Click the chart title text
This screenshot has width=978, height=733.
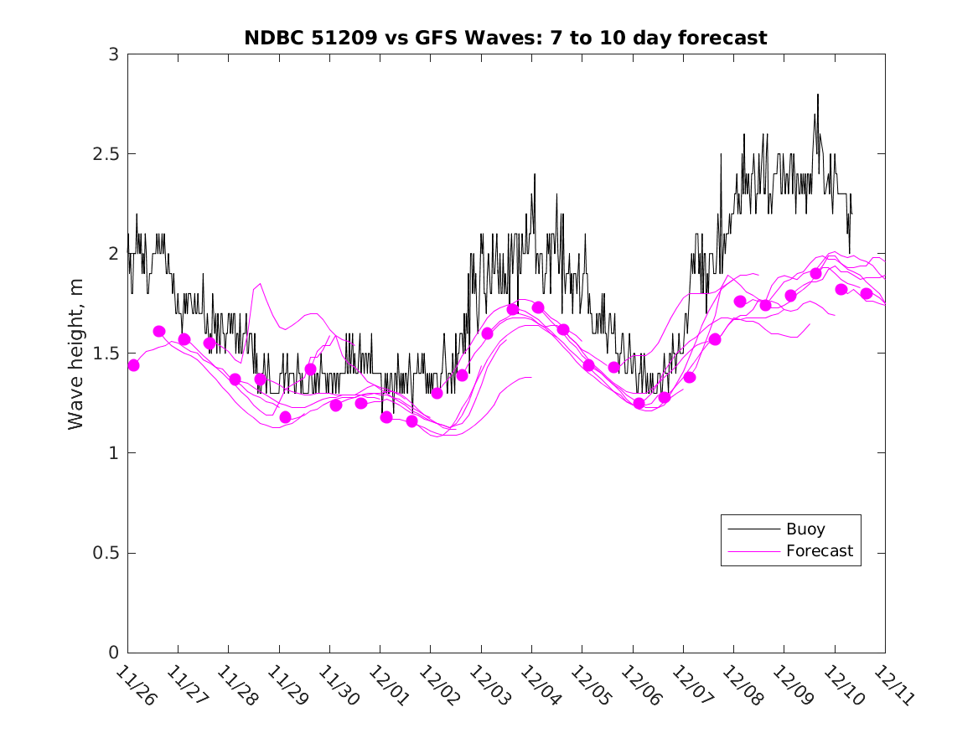pos(505,38)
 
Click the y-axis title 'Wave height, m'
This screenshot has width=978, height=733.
pos(76,354)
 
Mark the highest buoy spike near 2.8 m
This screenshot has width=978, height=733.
pos(817,95)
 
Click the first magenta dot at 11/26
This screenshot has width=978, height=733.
pos(133,365)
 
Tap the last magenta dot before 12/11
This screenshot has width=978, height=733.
pos(867,293)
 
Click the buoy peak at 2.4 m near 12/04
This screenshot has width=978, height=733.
pos(534,174)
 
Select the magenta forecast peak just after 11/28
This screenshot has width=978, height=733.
pos(261,284)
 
